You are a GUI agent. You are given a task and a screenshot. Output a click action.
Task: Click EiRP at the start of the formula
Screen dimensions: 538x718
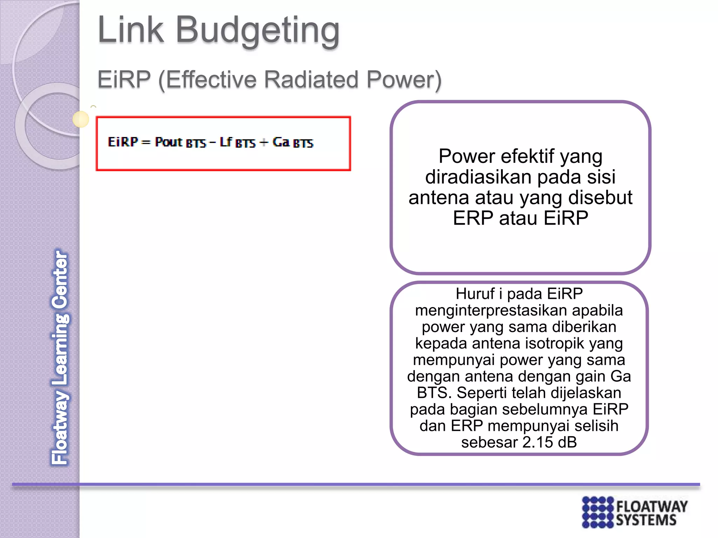point(123,142)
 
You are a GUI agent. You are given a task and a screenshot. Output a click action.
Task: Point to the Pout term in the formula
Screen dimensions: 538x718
point(169,142)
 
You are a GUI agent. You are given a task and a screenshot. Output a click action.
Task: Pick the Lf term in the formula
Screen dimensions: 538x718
point(226,142)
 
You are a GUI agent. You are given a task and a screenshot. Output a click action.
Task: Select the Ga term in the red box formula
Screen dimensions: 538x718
point(281,142)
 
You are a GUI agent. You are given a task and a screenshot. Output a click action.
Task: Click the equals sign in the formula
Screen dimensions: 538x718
point(146,143)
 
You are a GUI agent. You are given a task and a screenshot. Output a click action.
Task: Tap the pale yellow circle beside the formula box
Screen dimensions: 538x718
point(81,119)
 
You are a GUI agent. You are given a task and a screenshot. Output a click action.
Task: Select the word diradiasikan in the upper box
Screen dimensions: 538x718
point(478,177)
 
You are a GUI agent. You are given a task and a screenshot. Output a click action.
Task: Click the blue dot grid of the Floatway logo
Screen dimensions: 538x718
point(597,512)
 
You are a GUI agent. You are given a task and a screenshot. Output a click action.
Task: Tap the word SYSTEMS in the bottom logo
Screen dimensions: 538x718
point(646,520)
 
